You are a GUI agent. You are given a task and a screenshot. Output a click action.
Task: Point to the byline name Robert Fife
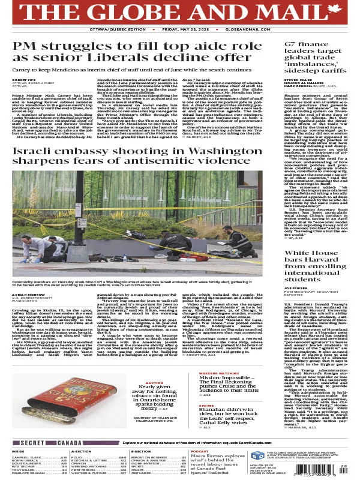[23, 79]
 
